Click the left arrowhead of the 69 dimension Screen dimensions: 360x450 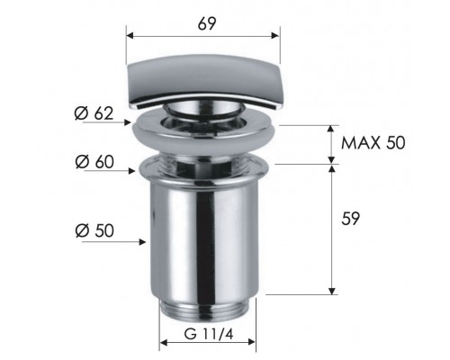point(130,37)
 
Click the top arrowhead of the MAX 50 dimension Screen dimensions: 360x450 point(332,127)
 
